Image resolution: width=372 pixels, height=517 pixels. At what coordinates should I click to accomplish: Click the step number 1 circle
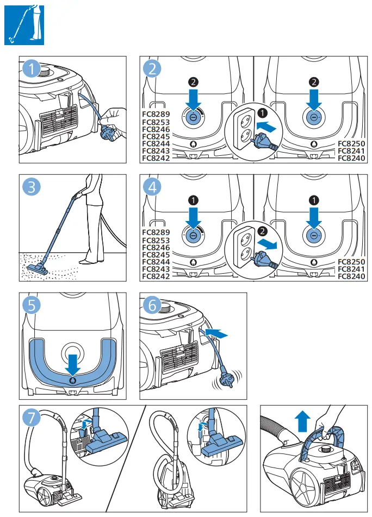(33, 70)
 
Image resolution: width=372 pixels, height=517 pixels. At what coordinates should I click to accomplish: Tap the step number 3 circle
(33, 188)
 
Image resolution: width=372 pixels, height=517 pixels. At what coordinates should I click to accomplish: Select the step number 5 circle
(33, 306)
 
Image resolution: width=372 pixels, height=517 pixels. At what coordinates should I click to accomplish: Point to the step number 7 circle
(33, 418)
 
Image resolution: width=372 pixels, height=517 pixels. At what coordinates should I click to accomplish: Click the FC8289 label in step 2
(156, 115)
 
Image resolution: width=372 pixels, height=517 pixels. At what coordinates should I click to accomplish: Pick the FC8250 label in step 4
(351, 262)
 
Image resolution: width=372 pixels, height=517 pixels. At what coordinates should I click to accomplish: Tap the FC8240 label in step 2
(351, 158)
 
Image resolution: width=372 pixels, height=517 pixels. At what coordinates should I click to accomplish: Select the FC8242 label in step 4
(156, 276)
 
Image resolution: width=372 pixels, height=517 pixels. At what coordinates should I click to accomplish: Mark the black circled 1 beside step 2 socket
(263, 114)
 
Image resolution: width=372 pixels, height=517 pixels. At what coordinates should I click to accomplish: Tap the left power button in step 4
(193, 235)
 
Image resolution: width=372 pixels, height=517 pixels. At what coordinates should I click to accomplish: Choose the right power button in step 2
(314, 117)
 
